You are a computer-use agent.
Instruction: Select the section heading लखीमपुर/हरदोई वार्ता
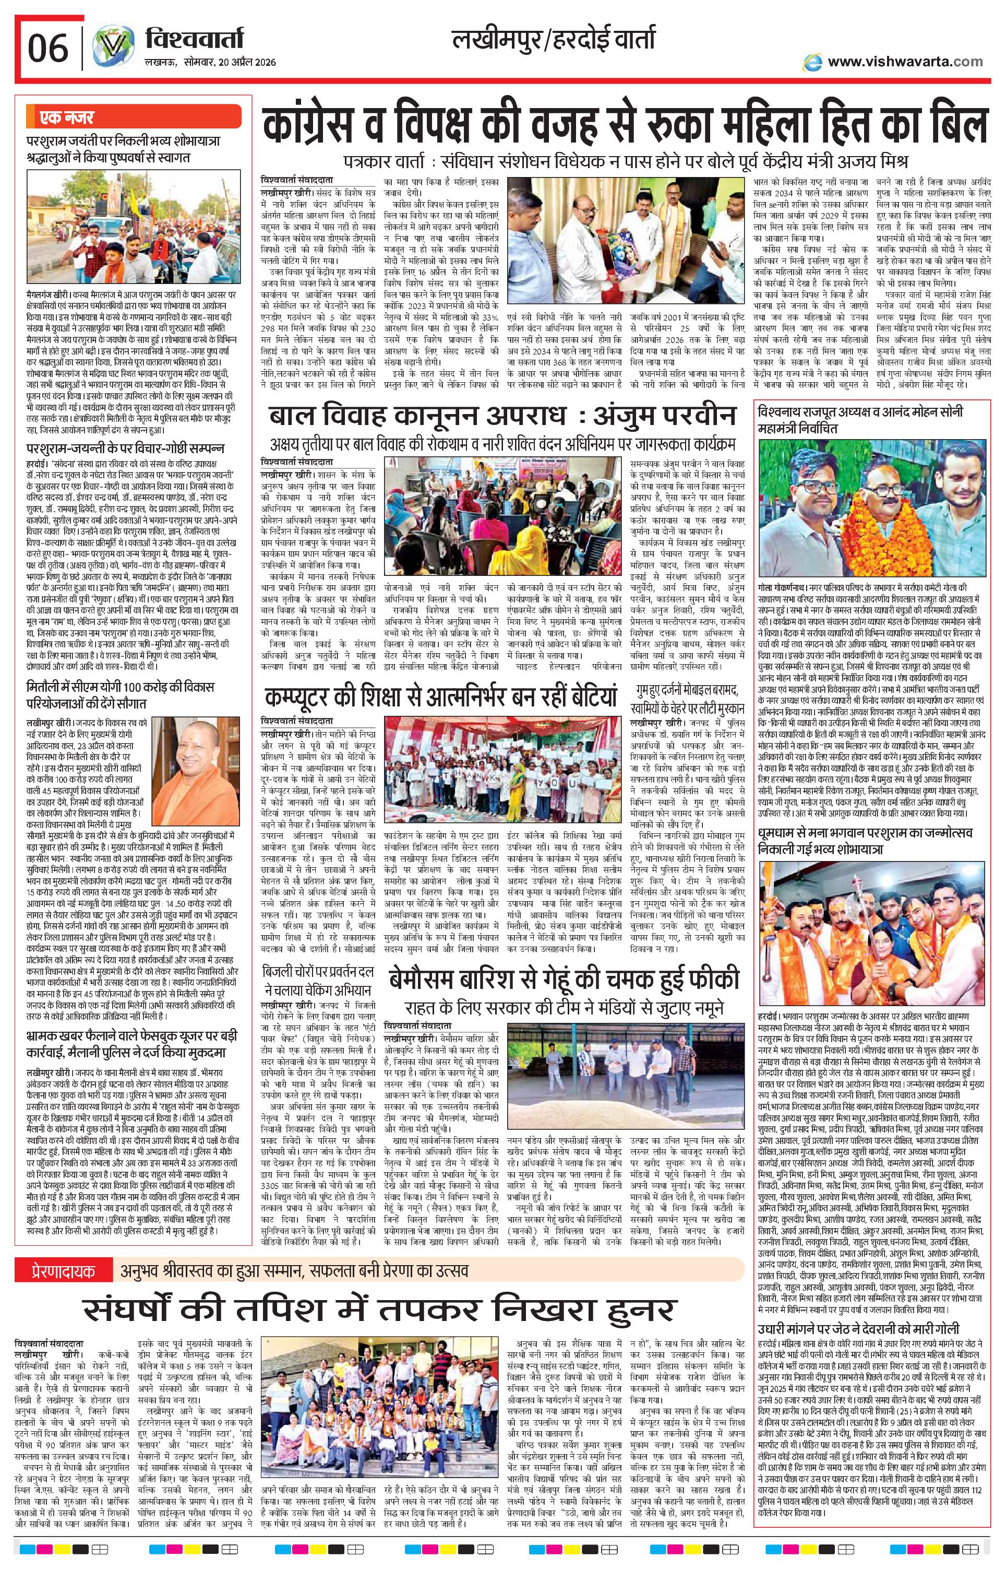pos(555,41)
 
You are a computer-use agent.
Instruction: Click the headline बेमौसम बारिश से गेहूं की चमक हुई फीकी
pos(565,980)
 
